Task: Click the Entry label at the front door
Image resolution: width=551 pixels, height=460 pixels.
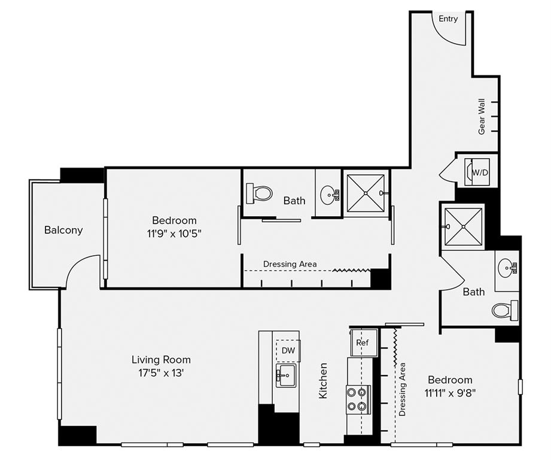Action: point(448,19)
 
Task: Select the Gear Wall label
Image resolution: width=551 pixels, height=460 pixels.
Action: point(482,116)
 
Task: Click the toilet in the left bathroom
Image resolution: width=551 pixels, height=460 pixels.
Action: point(260,193)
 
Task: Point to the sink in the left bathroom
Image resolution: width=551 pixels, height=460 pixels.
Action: point(328,194)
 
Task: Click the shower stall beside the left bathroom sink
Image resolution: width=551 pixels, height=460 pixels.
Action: point(366,193)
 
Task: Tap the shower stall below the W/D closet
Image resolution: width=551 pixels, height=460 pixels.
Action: point(464,226)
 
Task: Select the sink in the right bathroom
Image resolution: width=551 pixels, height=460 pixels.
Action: point(507,267)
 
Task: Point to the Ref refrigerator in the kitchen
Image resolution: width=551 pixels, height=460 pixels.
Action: point(363,343)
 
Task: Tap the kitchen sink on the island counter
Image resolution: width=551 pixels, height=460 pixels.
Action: point(286,376)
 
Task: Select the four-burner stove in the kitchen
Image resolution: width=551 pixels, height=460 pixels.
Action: point(358,400)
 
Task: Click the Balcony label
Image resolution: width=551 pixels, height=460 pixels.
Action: point(63,230)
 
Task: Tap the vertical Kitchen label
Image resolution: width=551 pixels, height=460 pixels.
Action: point(323,381)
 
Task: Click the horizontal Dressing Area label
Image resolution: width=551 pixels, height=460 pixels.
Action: point(290,264)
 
